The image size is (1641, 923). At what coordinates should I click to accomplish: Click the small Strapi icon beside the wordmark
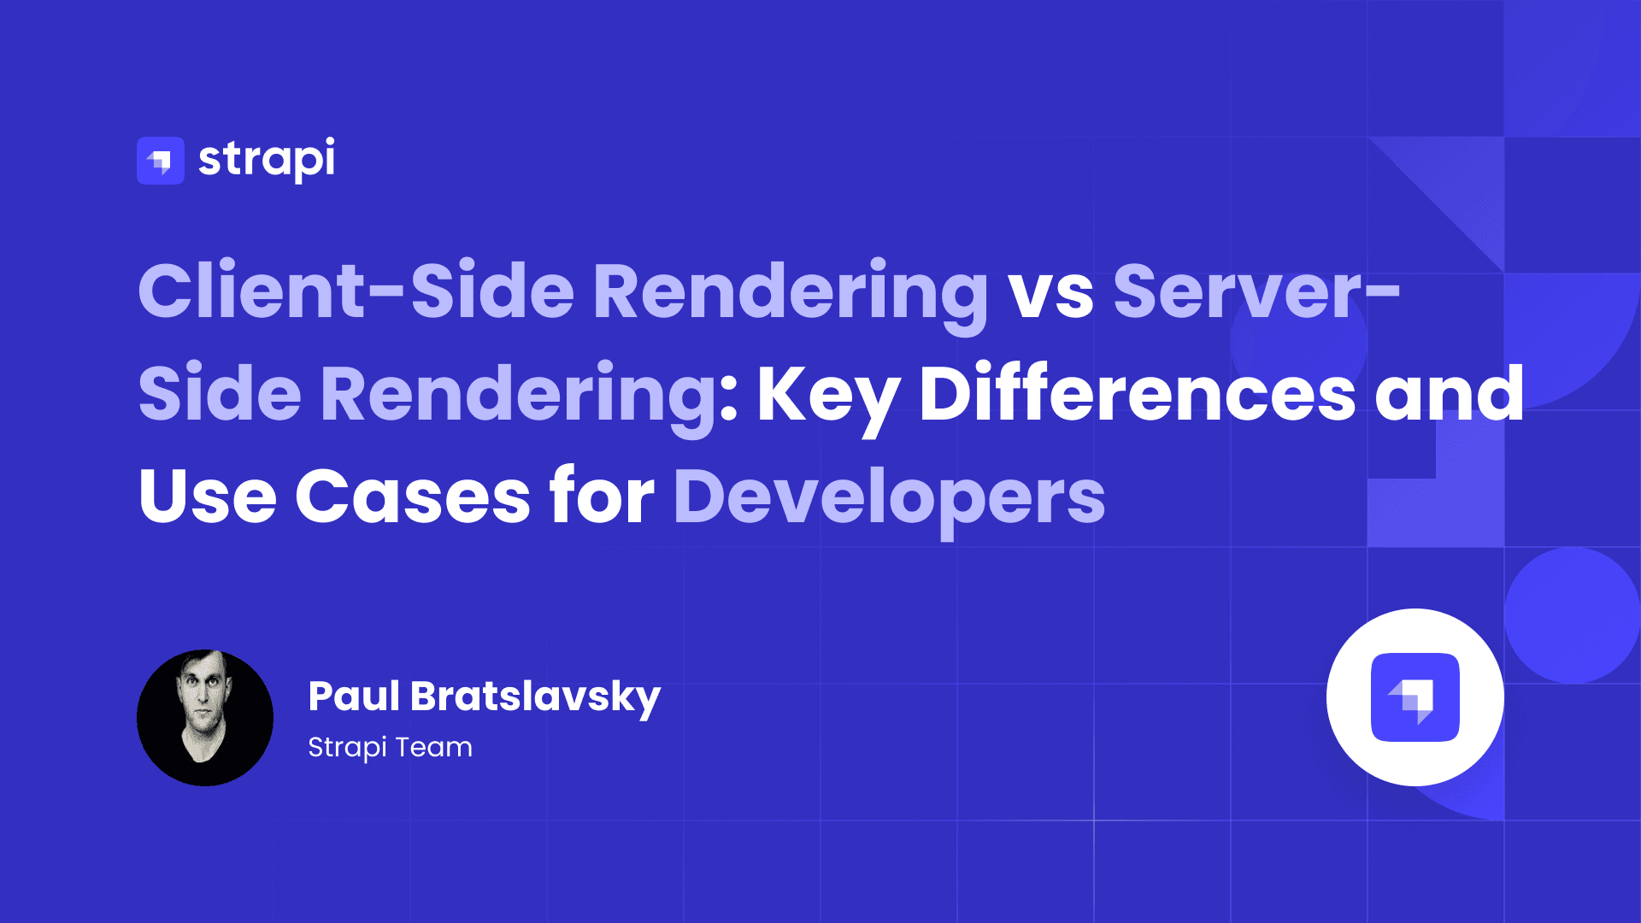pos(161,161)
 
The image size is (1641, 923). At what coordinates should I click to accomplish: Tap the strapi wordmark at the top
pos(267,160)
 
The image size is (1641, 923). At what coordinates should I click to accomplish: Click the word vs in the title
pos(1051,293)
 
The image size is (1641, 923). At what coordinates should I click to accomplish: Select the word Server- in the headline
pos(1256,291)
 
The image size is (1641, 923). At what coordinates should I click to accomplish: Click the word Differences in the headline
pos(1138,392)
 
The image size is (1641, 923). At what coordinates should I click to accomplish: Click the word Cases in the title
pos(413,497)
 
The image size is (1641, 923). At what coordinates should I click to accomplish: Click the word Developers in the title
pos(890,500)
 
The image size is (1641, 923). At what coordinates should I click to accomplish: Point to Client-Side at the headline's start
pos(356,291)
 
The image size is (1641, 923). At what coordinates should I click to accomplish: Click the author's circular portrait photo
pos(205,718)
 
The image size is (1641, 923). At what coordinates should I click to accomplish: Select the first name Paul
pos(354,696)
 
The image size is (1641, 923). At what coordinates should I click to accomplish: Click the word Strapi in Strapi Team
pos(348,749)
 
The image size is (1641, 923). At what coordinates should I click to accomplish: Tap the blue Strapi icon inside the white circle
pos(1415,697)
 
